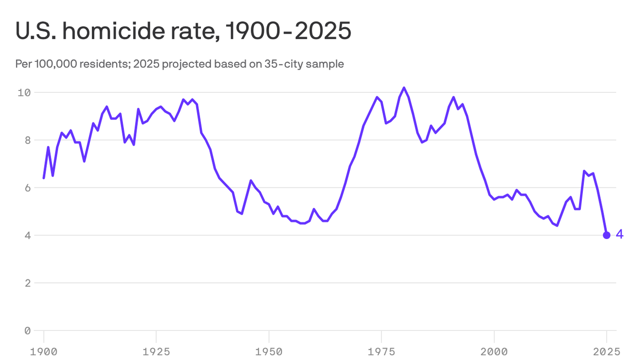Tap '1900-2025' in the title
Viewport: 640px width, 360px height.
click(288, 31)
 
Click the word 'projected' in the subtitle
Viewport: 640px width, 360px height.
click(186, 64)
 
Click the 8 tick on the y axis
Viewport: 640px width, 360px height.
click(27, 140)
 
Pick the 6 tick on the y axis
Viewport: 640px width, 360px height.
click(27, 187)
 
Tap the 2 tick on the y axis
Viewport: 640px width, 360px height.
click(27, 283)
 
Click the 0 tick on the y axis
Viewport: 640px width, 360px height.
click(27, 330)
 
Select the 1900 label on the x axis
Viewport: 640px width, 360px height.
click(44, 351)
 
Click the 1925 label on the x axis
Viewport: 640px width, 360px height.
click(156, 351)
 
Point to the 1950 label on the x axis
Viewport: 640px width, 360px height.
click(269, 351)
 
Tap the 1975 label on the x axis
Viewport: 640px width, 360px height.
click(381, 351)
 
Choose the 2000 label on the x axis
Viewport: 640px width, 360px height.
click(494, 351)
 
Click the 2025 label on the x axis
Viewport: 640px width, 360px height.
click(606, 351)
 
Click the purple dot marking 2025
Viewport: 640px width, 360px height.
click(606, 235)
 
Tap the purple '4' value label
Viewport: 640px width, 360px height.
click(619, 234)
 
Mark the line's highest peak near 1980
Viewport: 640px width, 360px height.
click(404, 88)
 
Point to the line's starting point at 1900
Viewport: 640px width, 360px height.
click(44, 178)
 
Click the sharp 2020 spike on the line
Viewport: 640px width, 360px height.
click(584, 171)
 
